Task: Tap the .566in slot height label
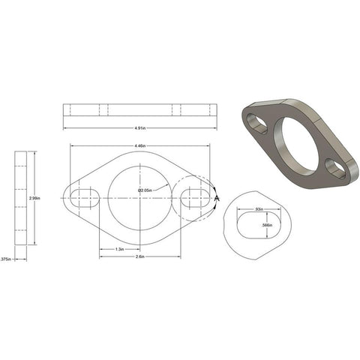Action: click(x=277, y=224)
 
